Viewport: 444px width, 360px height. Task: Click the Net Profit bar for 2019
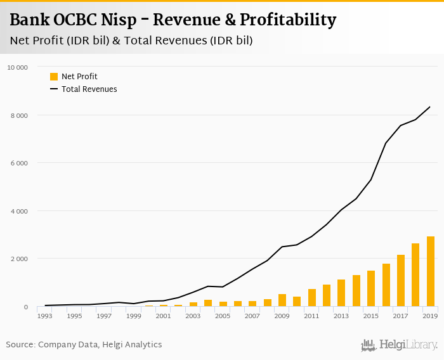431,272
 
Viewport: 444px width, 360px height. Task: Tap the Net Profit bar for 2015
371,288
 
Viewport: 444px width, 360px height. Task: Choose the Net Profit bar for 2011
312,298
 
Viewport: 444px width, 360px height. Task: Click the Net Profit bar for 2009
282,300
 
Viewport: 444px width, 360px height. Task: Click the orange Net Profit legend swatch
54,77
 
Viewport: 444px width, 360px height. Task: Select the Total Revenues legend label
89,89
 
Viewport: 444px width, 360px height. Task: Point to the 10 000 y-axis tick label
17,67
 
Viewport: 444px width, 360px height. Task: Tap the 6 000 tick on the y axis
19,163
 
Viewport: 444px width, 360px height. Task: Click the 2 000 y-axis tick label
19,259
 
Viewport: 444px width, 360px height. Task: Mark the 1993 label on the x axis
45,315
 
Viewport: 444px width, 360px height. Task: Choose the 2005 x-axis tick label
223,315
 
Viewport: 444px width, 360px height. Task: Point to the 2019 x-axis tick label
431,315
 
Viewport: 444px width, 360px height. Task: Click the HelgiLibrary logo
399,345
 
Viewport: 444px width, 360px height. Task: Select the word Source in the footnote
20,345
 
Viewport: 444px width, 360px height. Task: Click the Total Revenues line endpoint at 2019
431,106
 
